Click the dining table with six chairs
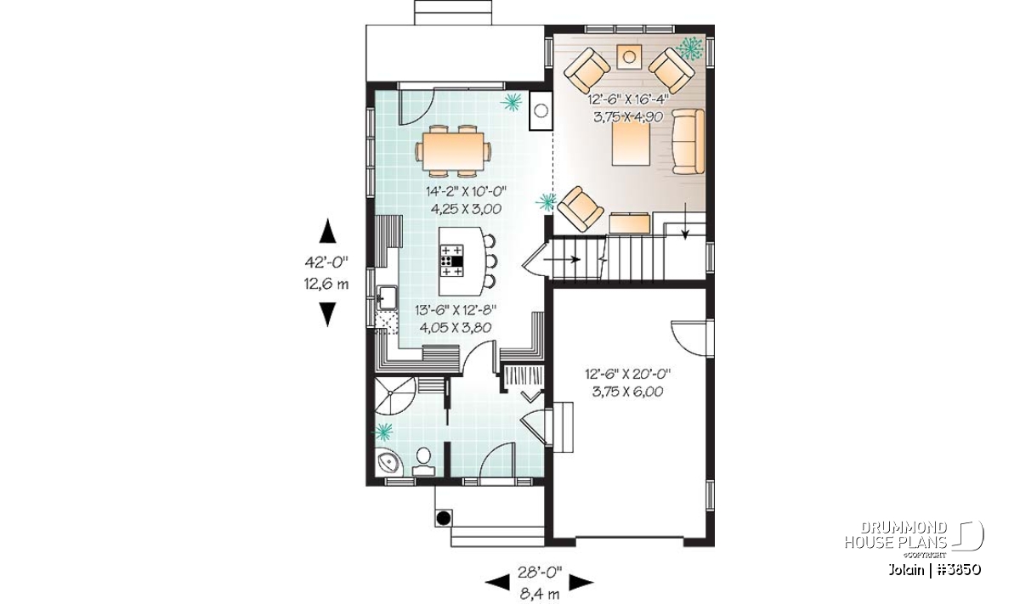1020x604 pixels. [x=453, y=150]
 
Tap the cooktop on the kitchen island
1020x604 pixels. [x=451, y=262]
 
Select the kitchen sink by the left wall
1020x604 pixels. [x=387, y=298]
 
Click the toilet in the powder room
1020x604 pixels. [x=423, y=461]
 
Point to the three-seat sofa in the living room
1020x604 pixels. [x=688, y=141]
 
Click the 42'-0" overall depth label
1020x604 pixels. [x=326, y=262]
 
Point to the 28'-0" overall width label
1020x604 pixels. [x=540, y=572]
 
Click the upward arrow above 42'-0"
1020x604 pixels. [x=327, y=231]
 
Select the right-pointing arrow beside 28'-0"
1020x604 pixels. [x=581, y=582]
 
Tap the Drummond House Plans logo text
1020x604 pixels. [x=896, y=535]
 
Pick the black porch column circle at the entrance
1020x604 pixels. [x=444, y=518]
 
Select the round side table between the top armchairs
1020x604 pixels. [x=629, y=57]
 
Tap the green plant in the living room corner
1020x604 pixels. [x=690, y=48]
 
